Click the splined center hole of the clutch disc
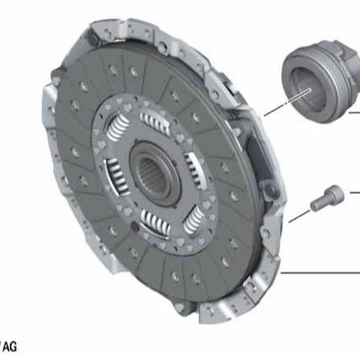(155, 173)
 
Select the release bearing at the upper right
(320, 81)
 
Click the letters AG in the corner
(9, 347)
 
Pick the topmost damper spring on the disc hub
(155, 122)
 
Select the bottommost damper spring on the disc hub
(156, 221)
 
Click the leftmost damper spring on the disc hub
(116, 175)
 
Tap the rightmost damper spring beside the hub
(194, 170)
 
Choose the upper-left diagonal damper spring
(118, 128)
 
